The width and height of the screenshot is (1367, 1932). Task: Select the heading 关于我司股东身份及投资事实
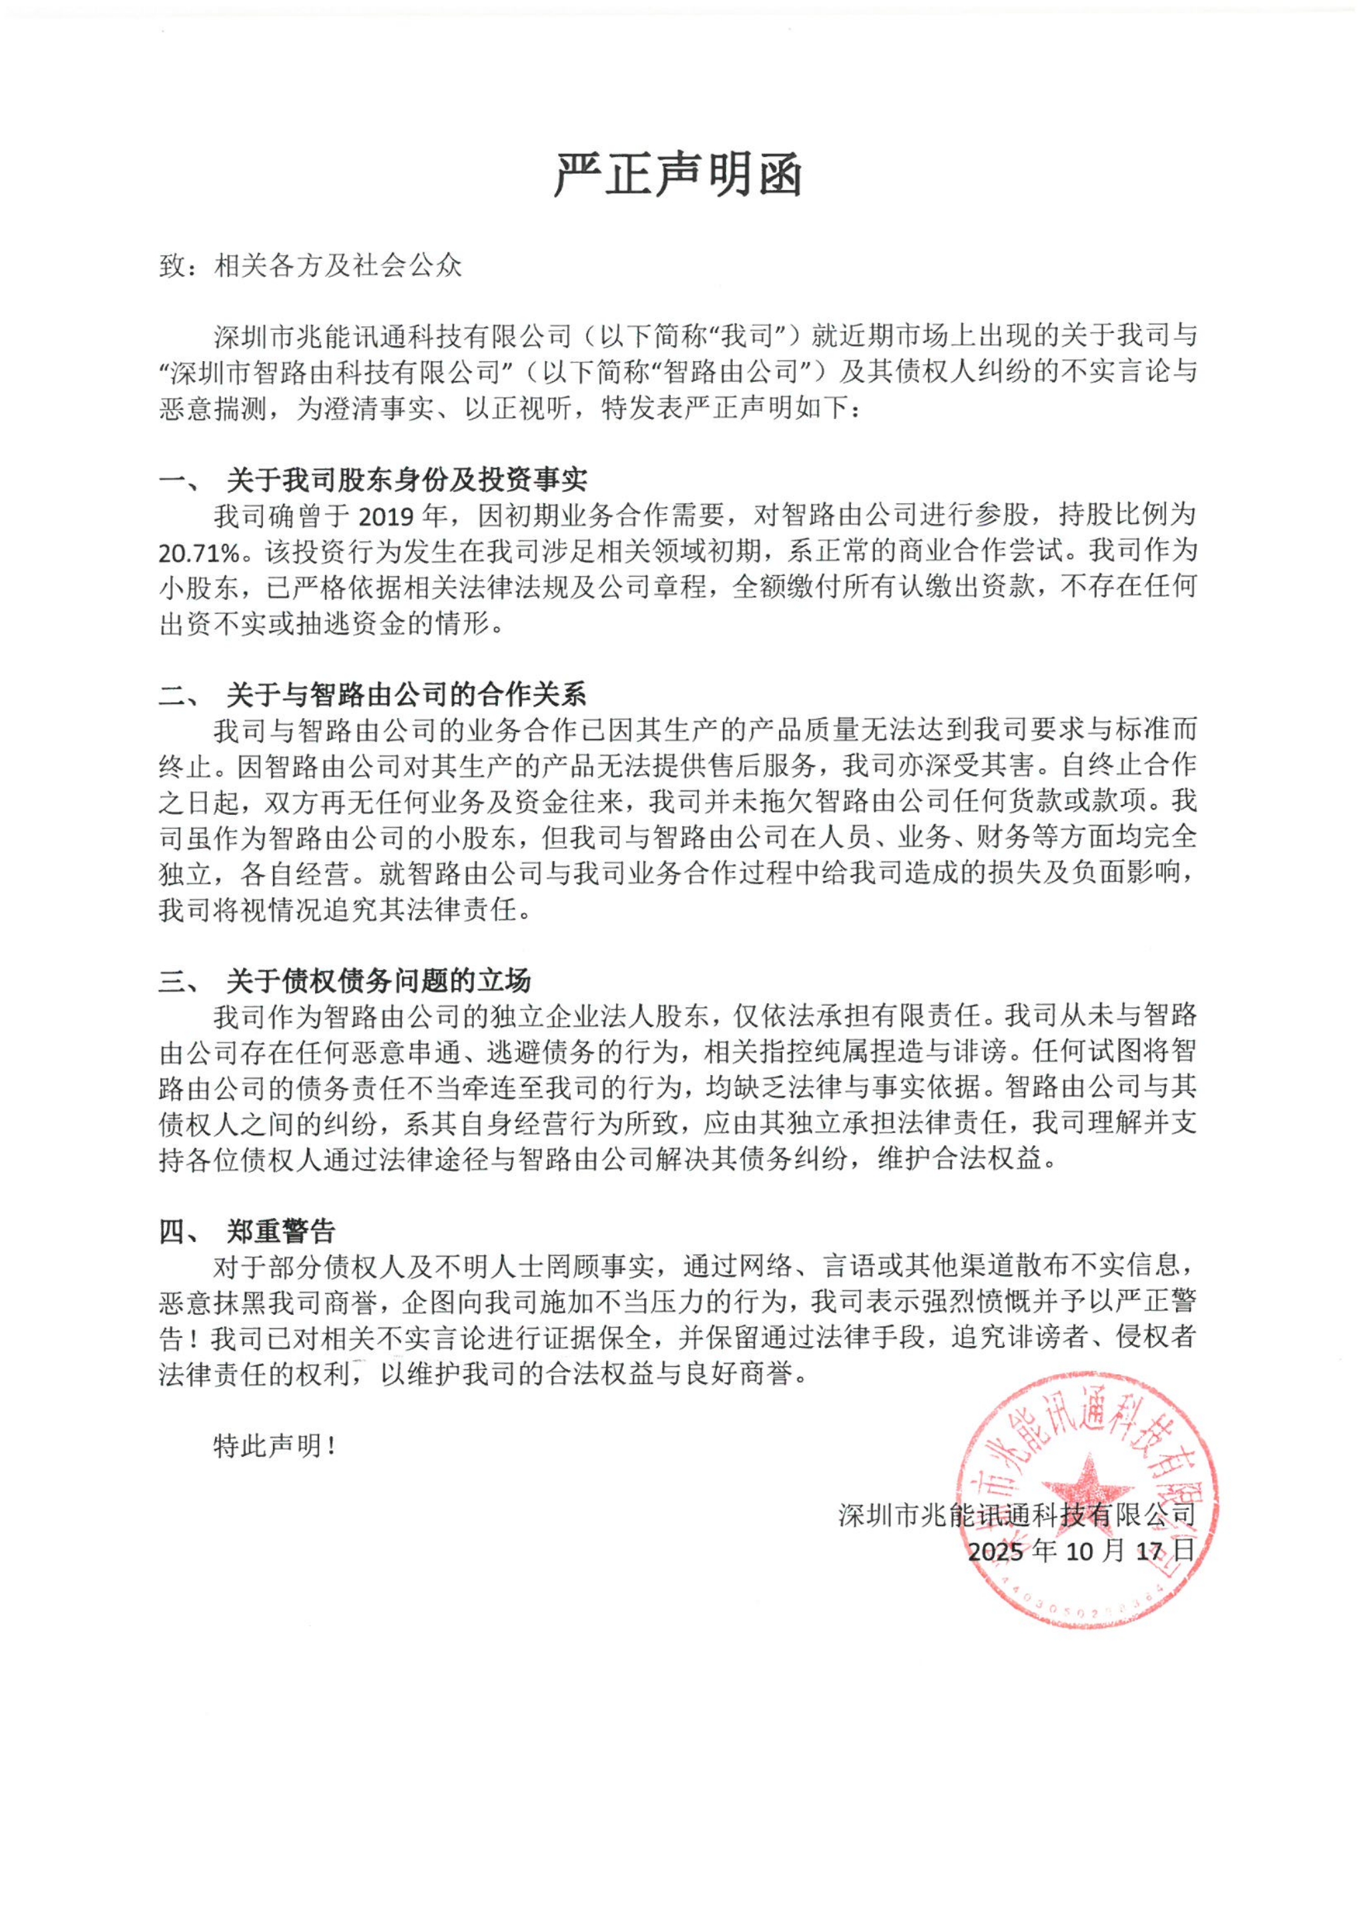click(x=406, y=480)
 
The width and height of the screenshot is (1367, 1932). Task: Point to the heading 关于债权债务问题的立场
click(x=378, y=981)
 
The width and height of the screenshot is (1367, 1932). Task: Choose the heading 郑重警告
click(x=281, y=1232)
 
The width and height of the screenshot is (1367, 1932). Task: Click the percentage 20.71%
click(x=199, y=553)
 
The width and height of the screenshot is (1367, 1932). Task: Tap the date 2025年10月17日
click(x=1081, y=1551)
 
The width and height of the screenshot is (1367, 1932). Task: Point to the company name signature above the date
click(x=1016, y=1516)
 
